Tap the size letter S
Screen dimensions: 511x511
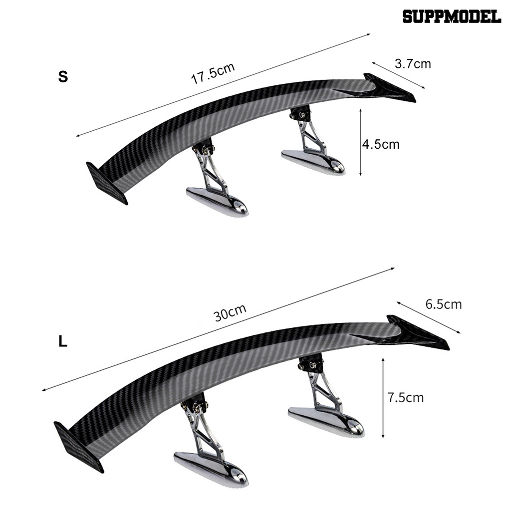(63, 77)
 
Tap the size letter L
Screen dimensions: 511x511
(63, 342)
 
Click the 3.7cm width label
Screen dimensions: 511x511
(412, 64)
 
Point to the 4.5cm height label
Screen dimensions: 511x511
(381, 144)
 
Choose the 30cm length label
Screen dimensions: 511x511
(230, 313)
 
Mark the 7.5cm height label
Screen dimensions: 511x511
(405, 397)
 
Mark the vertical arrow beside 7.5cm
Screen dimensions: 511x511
(383, 397)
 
